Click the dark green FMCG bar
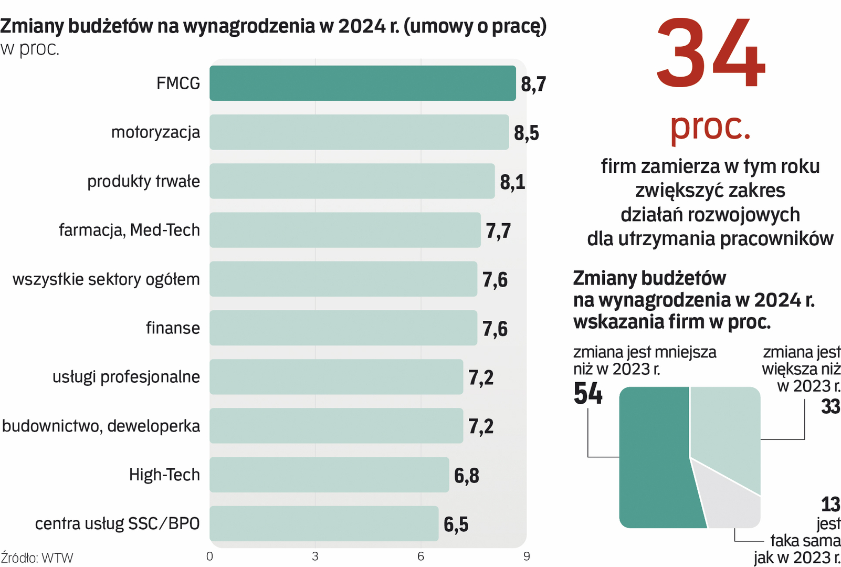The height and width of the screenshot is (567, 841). tap(362, 83)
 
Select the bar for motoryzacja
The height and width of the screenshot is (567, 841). tap(359, 132)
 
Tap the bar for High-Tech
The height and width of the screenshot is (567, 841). tap(329, 475)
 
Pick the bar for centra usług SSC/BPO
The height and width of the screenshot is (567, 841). tap(324, 523)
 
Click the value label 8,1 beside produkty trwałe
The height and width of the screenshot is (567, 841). tap(512, 182)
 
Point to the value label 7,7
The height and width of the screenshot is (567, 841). tap(498, 231)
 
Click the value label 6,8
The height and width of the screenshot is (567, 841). tap(467, 476)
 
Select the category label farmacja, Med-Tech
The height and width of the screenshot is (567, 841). tap(129, 230)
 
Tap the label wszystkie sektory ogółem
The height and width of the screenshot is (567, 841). tap(106, 279)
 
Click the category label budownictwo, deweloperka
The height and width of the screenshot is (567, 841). tap(101, 426)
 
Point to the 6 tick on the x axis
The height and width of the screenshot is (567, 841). tap(420, 556)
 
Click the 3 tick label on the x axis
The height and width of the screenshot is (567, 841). tap(315, 556)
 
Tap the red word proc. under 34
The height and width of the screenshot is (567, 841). tap(710, 127)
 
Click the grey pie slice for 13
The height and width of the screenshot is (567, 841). tap(732, 499)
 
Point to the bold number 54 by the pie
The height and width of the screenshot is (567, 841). tap(588, 393)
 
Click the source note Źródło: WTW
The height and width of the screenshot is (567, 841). tap(37, 558)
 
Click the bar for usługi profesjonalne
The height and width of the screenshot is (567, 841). tap(336, 377)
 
